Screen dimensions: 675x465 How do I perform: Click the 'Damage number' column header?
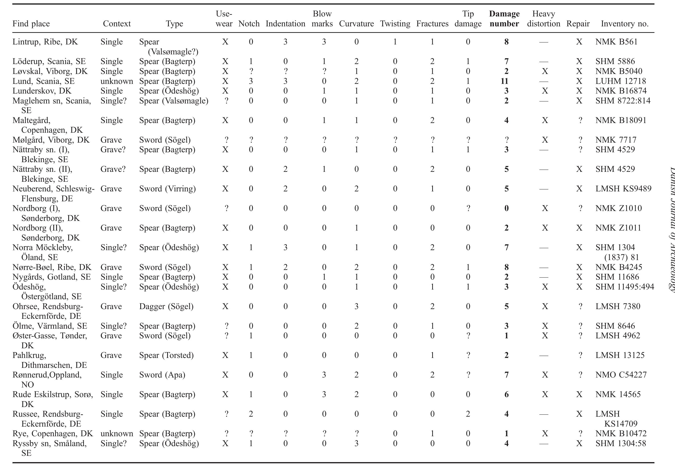click(x=504, y=19)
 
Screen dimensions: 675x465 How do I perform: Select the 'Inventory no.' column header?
click(x=624, y=24)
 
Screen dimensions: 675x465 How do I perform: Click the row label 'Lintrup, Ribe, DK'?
click(x=45, y=42)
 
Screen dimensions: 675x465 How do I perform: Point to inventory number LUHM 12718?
click(x=621, y=81)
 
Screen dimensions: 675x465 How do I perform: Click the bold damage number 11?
click(x=504, y=81)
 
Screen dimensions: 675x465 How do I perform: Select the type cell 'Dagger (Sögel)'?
click(x=166, y=306)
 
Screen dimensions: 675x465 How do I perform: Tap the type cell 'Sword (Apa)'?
click(x=162, y=375)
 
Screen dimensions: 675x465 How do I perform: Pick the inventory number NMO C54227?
click(x=621, y=375)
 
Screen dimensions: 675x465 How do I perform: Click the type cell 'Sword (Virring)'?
click(x=167, y=189)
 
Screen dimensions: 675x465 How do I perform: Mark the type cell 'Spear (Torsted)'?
click(x=166, y=355)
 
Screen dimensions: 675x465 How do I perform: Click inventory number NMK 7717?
click(x=616, y=140)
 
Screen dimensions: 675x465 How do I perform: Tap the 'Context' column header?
click(x=117, y=24)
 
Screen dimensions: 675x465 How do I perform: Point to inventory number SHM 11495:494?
click(x=624, y=287)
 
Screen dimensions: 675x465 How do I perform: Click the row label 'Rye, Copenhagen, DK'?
click(x=52, y=434)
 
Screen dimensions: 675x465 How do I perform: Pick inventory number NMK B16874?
click(x=621, y=91)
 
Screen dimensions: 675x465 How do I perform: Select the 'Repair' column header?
click(x=578, y=24)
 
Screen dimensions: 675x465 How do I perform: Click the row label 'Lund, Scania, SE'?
click(x=44, y=81)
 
